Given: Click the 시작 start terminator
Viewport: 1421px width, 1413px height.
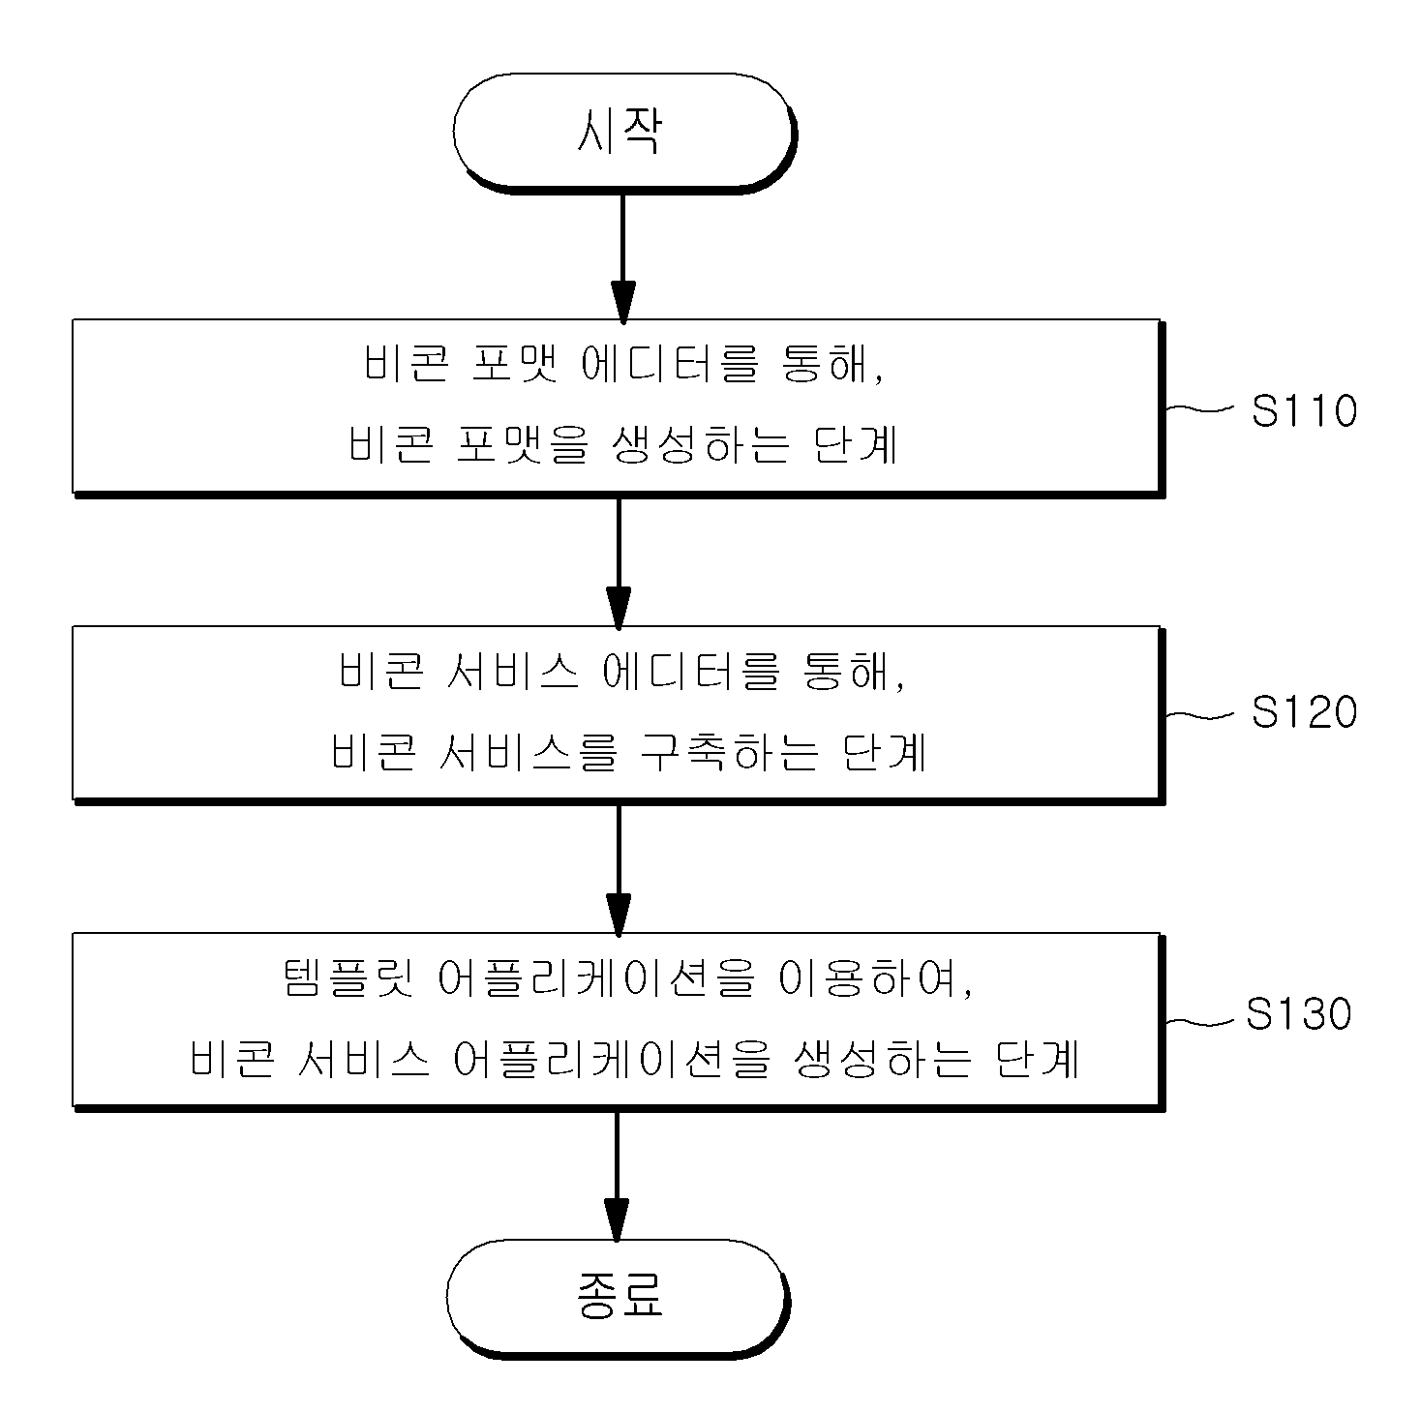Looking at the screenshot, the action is click(624, 133).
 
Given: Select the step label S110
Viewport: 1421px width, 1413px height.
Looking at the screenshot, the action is click(1304, 410).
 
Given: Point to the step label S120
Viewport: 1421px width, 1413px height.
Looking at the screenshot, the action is click(1304, 711).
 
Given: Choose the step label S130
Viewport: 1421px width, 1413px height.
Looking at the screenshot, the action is click(1299, 1013).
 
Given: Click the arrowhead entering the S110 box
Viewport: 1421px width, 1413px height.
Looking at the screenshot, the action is click(623, 302).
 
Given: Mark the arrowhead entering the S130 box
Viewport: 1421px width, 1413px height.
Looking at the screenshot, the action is click(619, 916).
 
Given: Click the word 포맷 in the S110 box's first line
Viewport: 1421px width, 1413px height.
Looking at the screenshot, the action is click(515, 363).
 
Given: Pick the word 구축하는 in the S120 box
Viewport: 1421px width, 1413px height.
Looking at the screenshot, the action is click(729, 751).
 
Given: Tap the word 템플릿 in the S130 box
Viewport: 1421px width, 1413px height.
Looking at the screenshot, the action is click(348, 978).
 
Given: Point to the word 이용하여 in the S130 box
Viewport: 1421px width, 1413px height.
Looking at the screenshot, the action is click(876, 978).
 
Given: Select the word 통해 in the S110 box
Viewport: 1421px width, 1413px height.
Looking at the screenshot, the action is click(831, 363).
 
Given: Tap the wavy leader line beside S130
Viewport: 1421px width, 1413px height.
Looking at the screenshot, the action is click(1200, 1021).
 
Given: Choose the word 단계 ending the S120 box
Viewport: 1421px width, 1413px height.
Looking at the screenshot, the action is click(884, 751).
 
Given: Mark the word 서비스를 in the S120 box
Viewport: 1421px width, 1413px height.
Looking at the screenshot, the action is click(528, 751).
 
